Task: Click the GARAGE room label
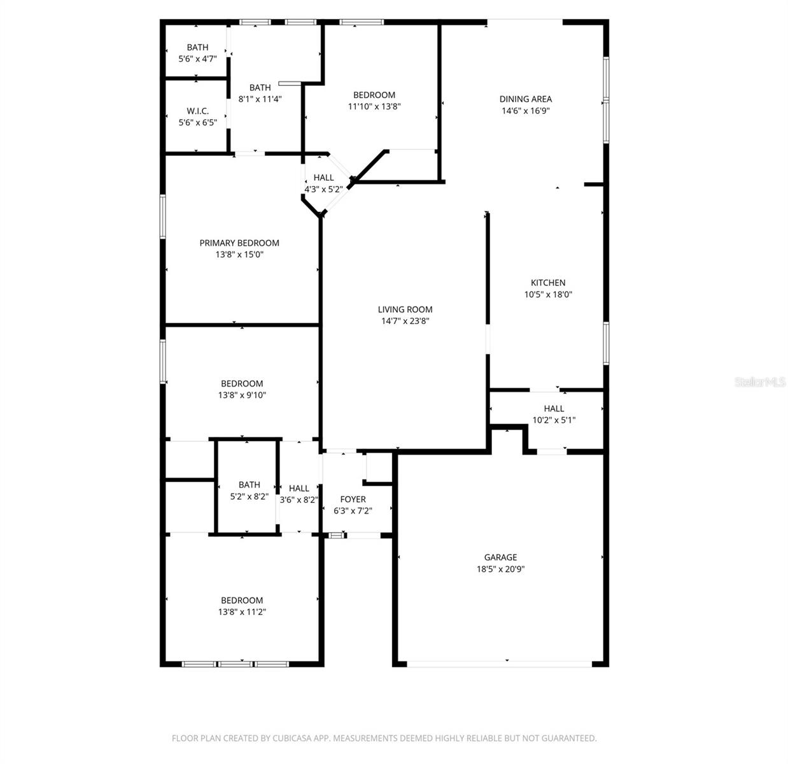[500, 557]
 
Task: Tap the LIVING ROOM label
[405, 309]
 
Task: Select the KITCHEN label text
[548, 283]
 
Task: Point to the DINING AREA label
[525, 99]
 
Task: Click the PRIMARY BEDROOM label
[239, 243]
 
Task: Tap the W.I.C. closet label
[197, 111]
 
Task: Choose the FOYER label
[353, 499]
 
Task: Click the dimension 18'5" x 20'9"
[500, 569]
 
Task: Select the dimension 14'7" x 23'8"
[405, 322]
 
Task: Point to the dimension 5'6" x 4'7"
[197, 59]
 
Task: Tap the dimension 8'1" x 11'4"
[260, 99]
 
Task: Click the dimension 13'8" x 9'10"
[242, 395]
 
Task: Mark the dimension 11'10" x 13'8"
[374, 107]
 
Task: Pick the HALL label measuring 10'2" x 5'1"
[554, 408]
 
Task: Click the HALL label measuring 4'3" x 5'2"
[323, 178]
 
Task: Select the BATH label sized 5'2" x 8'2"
[249, 485]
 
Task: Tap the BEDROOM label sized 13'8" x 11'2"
[242, 600]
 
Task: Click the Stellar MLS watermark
[760, 382]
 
